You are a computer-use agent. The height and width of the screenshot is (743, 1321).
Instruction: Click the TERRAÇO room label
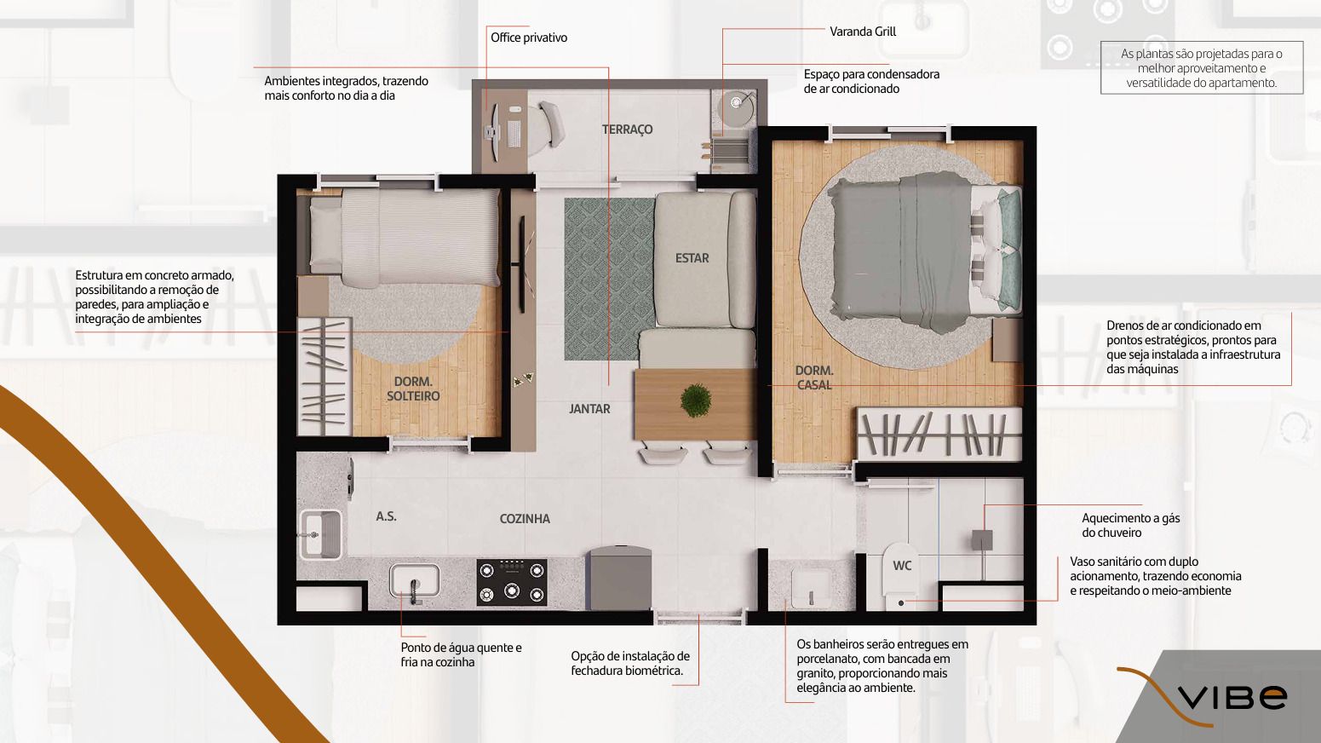[x=627, y=130]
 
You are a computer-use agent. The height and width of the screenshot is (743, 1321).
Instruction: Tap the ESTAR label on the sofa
[x=692, y=258]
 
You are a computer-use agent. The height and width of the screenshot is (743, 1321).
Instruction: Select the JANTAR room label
[x=589, y=409]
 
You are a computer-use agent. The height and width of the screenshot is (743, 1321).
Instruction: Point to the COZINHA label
[x=525, y=519]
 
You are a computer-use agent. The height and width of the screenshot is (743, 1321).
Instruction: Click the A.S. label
[x=386, y=516]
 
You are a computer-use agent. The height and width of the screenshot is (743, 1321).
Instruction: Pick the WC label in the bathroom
[x=902, y=566]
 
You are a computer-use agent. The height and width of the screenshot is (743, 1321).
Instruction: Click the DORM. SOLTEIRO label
[x=413, y=389]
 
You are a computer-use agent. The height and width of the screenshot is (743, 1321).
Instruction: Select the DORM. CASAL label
[x=813, y=377]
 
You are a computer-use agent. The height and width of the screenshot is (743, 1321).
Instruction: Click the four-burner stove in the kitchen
[x=511, y=582]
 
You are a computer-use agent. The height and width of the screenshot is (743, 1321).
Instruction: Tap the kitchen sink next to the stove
[x=415, y=581]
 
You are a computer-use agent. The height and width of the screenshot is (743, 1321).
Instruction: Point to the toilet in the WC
[x=900, y=579]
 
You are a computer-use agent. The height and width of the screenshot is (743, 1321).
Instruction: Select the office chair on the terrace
[x=549, y=124]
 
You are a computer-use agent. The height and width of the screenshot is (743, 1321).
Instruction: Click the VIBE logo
[x=1232, y=697]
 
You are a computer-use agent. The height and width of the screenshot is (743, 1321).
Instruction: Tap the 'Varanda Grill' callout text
[x=863, y=32]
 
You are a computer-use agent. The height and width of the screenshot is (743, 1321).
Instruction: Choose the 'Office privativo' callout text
[x=528, y=38]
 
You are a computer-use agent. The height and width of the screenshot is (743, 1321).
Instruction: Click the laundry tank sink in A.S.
[x=319, y=534]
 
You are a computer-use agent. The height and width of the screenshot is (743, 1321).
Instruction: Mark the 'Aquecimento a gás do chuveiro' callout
[x=1130, y=526]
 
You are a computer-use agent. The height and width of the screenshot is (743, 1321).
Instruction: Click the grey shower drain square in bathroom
[x=982, y=540]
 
